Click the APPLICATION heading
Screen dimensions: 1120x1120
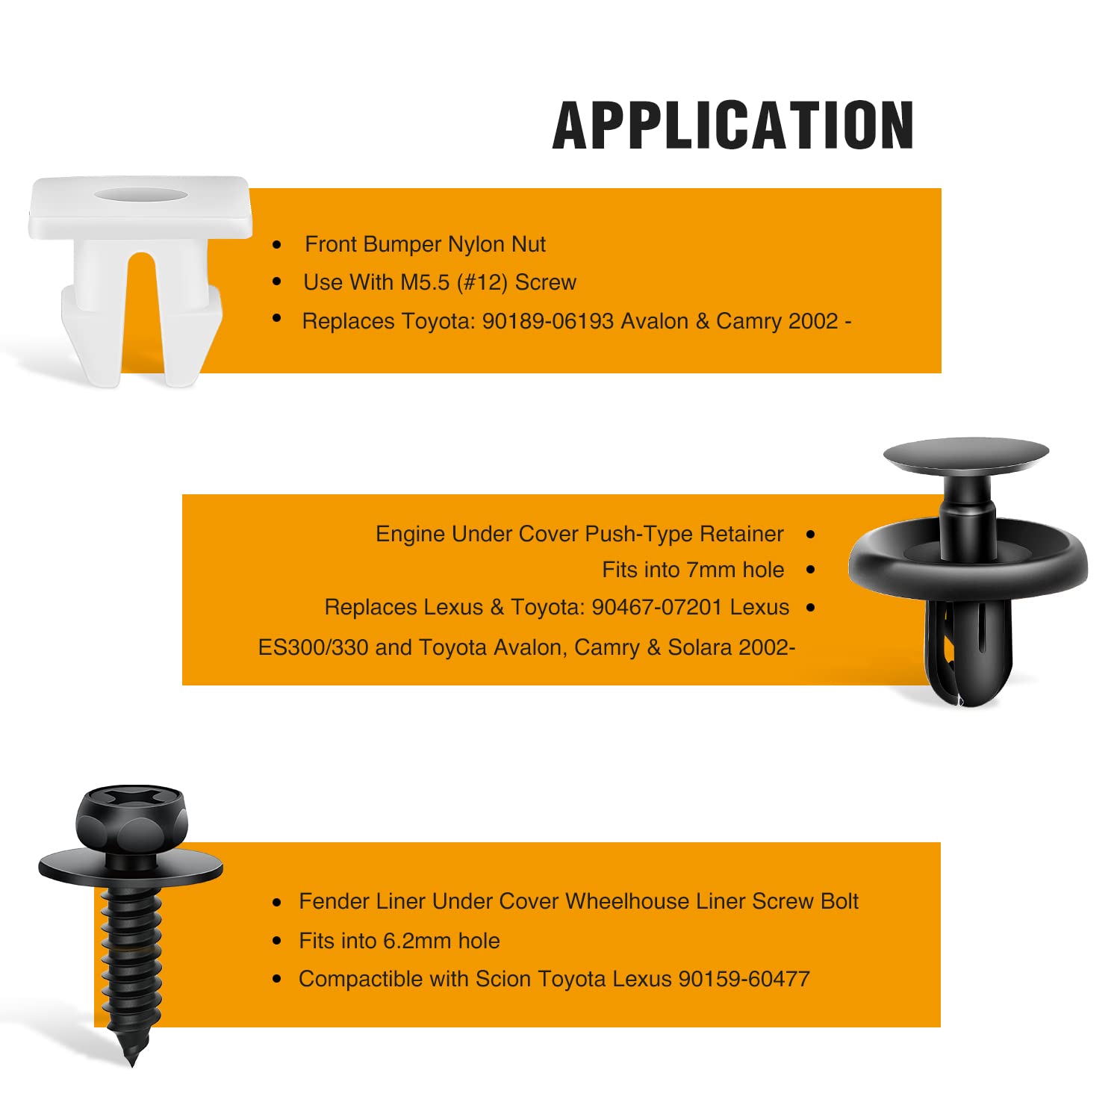point(733,125)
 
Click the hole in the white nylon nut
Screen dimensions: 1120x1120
point(141,194)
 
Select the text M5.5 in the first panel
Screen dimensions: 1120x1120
point(425,282)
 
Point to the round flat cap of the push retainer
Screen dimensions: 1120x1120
point(966,455)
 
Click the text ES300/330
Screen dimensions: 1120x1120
point(314,647)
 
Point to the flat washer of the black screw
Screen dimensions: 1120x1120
point(131,867)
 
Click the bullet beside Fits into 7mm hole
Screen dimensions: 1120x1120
point(811,570)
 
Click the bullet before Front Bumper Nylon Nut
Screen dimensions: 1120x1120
point(277,244)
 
